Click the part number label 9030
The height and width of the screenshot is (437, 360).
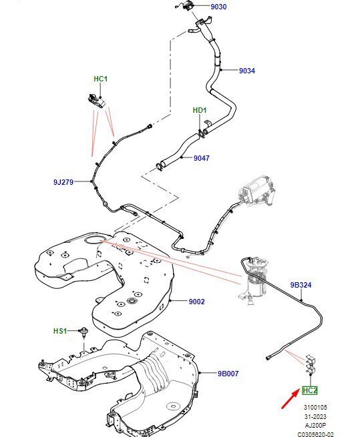click(x=218, y=7)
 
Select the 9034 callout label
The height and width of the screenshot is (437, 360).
click(x=247, y=71)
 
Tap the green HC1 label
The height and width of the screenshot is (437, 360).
click(x=100, y=79)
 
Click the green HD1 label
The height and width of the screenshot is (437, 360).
click(x=200, y=110)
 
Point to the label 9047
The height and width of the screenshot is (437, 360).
click(x=202, y=158)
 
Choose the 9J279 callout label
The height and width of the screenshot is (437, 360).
click(x=63, y=182)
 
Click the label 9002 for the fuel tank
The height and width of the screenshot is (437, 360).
click(x=197, y=302)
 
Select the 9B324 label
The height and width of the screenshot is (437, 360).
click(x=301, y=285)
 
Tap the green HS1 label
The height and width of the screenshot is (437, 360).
click(x=60, y=331)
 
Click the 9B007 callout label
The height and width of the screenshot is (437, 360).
click(x=228, y=373)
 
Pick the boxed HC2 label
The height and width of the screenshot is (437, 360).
click(x=310, y=390)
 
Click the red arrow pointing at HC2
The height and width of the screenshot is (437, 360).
click(x=291, y=399)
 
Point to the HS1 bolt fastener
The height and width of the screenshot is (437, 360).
click(x=83, y=332)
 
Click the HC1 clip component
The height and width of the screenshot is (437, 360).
click(x=97, y=101)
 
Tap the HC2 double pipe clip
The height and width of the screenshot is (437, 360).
click(x=310, y=364)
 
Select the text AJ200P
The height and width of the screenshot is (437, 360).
click(x=315, y=425)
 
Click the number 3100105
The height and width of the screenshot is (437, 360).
click(x=315, y=407)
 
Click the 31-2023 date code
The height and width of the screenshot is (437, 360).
click(x=315, y=416)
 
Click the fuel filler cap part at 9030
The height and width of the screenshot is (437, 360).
click(x=186, y=7)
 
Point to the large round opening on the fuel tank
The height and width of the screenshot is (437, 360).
click(x=95, y=240)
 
